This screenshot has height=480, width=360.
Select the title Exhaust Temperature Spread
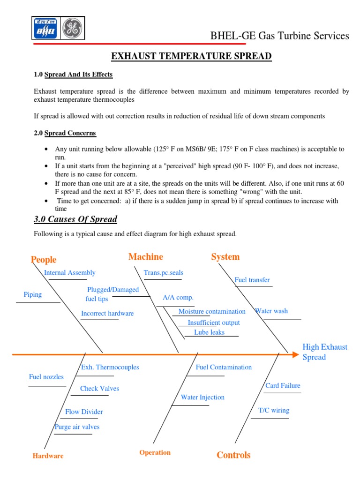point(191,57)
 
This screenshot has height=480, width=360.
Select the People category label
point(44,260)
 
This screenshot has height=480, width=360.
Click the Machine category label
point(146,256)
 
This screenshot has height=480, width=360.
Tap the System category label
point(225,256)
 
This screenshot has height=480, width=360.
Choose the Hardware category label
point(48,456)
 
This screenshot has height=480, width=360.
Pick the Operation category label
point(155,452)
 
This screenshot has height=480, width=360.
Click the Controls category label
point(233,455)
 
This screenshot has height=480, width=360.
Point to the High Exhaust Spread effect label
point(325,352)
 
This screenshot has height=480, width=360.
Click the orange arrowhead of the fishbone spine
point(295,355)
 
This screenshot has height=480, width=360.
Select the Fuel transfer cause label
point(252,280)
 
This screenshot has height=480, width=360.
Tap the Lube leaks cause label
point(210,332)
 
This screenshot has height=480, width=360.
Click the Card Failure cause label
point(283,386)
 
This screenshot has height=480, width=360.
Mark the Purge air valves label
point(77,427)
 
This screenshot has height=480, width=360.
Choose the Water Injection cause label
point(202,397)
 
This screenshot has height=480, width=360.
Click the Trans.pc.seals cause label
point(164,273)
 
